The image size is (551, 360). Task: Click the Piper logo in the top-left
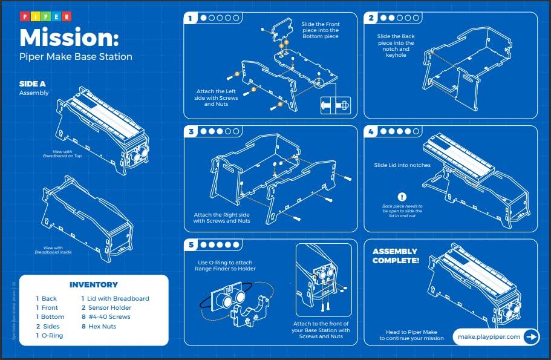click(45, 16)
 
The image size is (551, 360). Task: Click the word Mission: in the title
click(69, 38)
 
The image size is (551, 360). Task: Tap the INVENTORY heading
click(94, 284)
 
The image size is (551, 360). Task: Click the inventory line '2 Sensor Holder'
click(106, 307)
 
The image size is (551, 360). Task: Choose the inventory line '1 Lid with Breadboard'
click(115, 298)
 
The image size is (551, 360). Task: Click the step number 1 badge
click(191, 18)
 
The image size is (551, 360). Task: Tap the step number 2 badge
click(372, 18)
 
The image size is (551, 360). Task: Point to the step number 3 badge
click(191, 131)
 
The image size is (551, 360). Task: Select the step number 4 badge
click(372, 131)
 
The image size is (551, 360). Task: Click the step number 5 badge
click(191, 245)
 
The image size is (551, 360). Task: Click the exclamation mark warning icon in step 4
click(402, 197)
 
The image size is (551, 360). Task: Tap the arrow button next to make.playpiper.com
click(530, 337)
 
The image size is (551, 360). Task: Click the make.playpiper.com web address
click(489, 337)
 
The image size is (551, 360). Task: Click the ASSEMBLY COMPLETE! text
click(396, 256)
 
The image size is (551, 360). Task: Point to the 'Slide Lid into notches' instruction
click(403, 165)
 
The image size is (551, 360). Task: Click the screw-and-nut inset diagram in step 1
click(335, 105)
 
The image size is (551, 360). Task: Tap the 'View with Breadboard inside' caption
click(53, 250)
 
